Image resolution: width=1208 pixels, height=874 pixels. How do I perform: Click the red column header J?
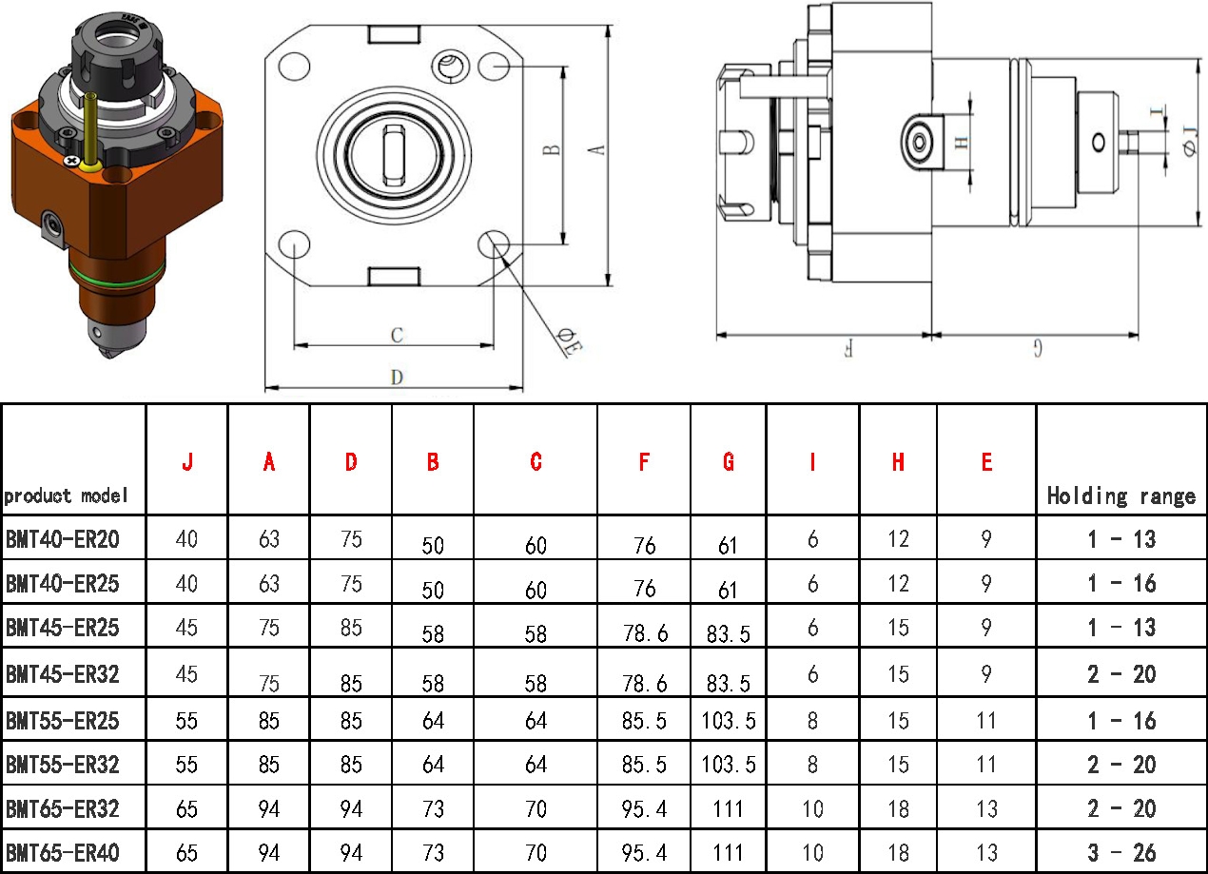pos(187,462)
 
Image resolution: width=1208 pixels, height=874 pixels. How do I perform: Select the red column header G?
pos(728,462)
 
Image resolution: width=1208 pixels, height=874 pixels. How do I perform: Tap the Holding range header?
pos(1121,495)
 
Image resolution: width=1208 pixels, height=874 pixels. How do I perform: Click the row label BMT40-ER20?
pos(63,538)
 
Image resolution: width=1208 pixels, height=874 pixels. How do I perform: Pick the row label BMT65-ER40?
pos(63,852)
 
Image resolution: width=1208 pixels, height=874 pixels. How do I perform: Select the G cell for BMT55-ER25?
pos(728,720)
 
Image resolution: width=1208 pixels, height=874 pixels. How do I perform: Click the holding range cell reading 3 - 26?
pos(1121,852)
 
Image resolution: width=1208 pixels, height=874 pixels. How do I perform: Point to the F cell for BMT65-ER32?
pos(644,808)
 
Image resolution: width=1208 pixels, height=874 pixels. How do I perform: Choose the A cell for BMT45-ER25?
pos(269,628)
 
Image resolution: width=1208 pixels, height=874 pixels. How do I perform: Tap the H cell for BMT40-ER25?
pos(899,583)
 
